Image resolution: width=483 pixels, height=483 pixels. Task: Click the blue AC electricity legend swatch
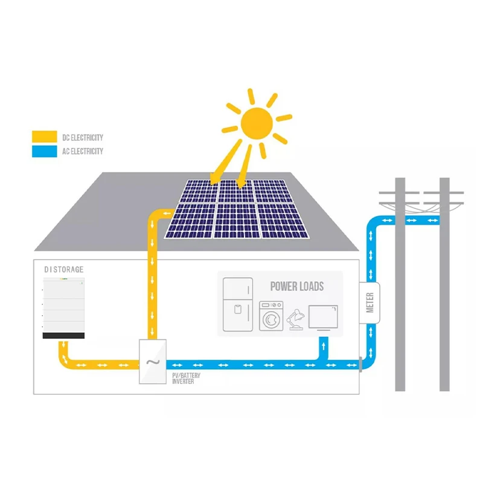coord(44,152)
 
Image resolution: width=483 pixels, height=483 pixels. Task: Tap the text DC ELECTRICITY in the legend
coord(83,138)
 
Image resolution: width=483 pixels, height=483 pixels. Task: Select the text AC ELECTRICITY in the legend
coord(83,152)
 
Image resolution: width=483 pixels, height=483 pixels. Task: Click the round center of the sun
coord(257,123)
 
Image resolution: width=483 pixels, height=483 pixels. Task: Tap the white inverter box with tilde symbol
coord(152,360)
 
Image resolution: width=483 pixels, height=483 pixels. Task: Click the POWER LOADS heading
coord(296,286)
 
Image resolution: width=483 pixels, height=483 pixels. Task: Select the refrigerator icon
coord(237,304)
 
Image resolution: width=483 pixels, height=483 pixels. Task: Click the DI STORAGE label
coord(64,269)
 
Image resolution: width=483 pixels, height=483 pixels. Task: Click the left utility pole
coord(400,284)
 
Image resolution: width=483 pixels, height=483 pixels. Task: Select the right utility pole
coord(444,284)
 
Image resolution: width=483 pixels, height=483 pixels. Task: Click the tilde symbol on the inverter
coord(152,363)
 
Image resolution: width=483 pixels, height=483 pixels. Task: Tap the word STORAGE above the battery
coord(69,269)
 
